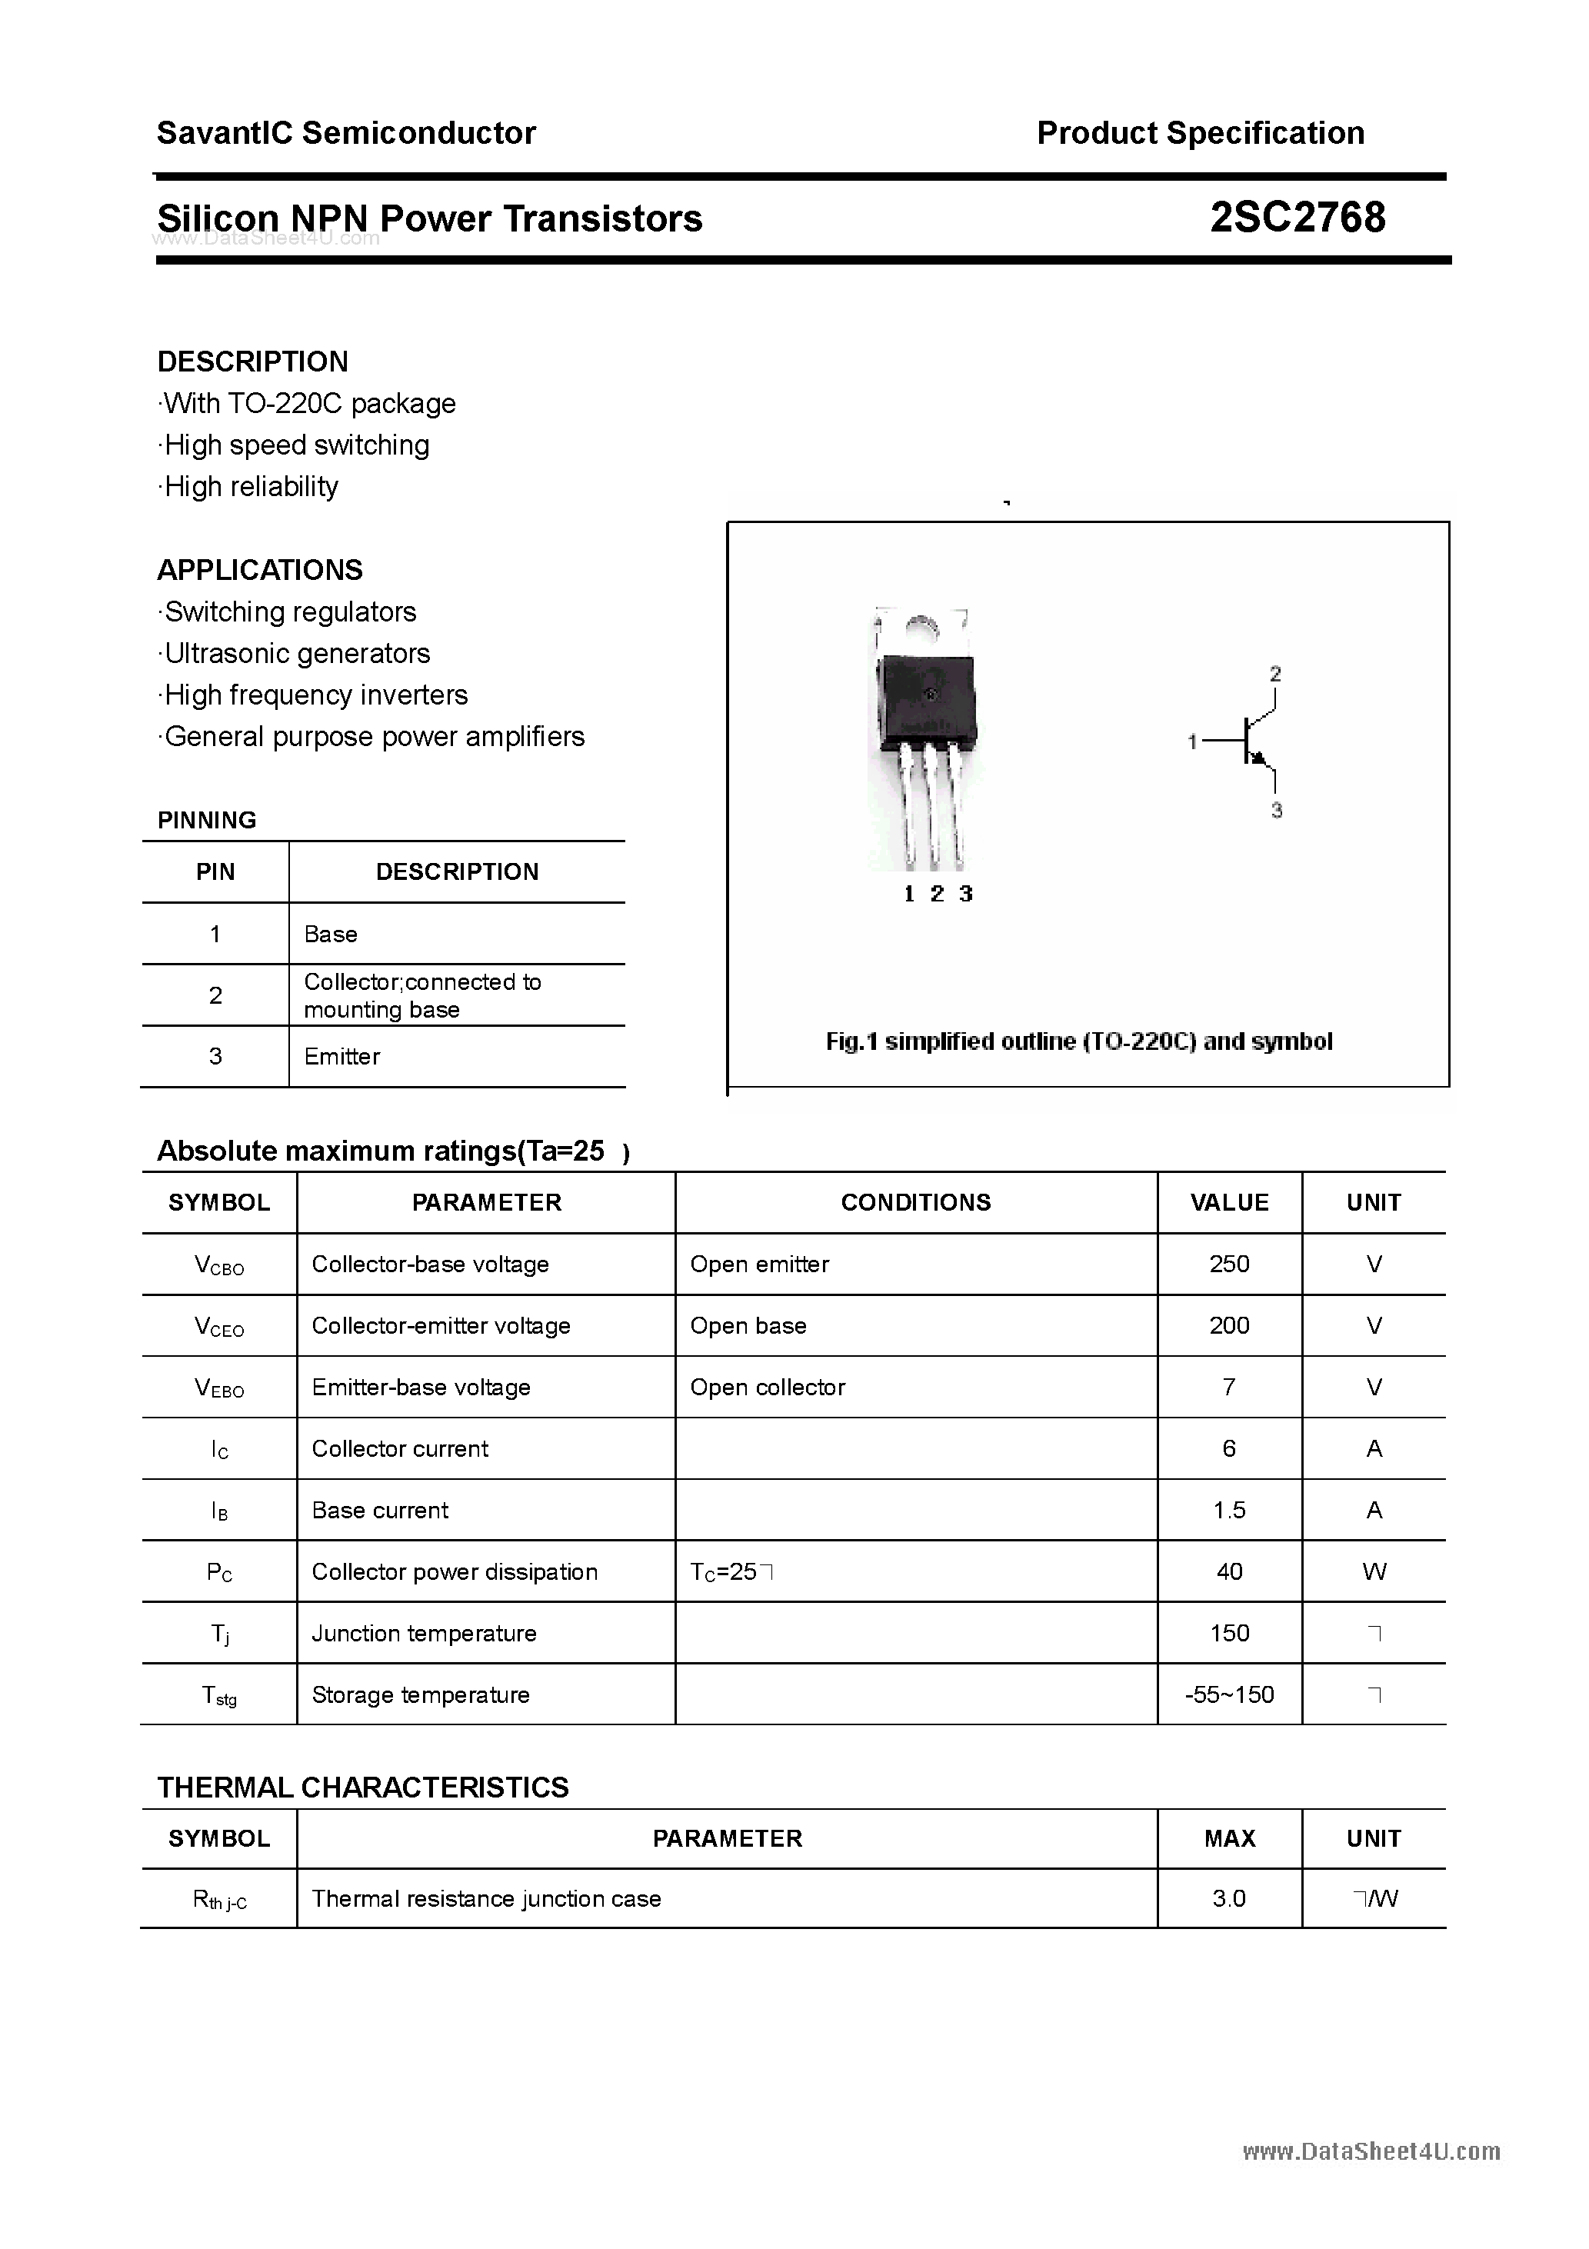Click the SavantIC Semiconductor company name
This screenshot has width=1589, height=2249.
click(346, 133)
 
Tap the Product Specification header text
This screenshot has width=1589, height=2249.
click(1200, 133)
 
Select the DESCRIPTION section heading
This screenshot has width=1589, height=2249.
click(253, 362)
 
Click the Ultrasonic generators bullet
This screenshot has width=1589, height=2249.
click(296, 653)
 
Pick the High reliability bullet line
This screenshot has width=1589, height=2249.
click(250, 487)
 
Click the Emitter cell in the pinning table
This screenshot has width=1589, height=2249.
click(342, 1056)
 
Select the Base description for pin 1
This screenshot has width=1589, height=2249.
click(330, 934)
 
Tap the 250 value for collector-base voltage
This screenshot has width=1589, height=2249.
click(1228, 1264)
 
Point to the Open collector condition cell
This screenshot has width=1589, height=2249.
click(767, 1387)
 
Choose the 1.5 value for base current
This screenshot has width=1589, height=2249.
click(1228, 1511)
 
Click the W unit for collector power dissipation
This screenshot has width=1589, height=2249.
click(1374, 1572)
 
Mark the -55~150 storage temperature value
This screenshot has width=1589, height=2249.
click(1228, 1694)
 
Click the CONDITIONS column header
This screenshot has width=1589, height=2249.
click(915, 1202)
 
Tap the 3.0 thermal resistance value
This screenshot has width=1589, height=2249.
click(1228, 1898)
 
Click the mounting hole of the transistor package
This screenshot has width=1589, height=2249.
click(921, 627)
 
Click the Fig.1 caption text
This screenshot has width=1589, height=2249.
click(1078, 1041)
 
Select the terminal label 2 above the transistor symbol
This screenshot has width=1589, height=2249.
click(1274, 674)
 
